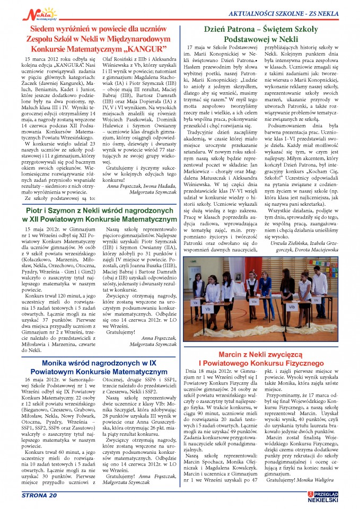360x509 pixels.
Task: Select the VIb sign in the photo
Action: (292, 306)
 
